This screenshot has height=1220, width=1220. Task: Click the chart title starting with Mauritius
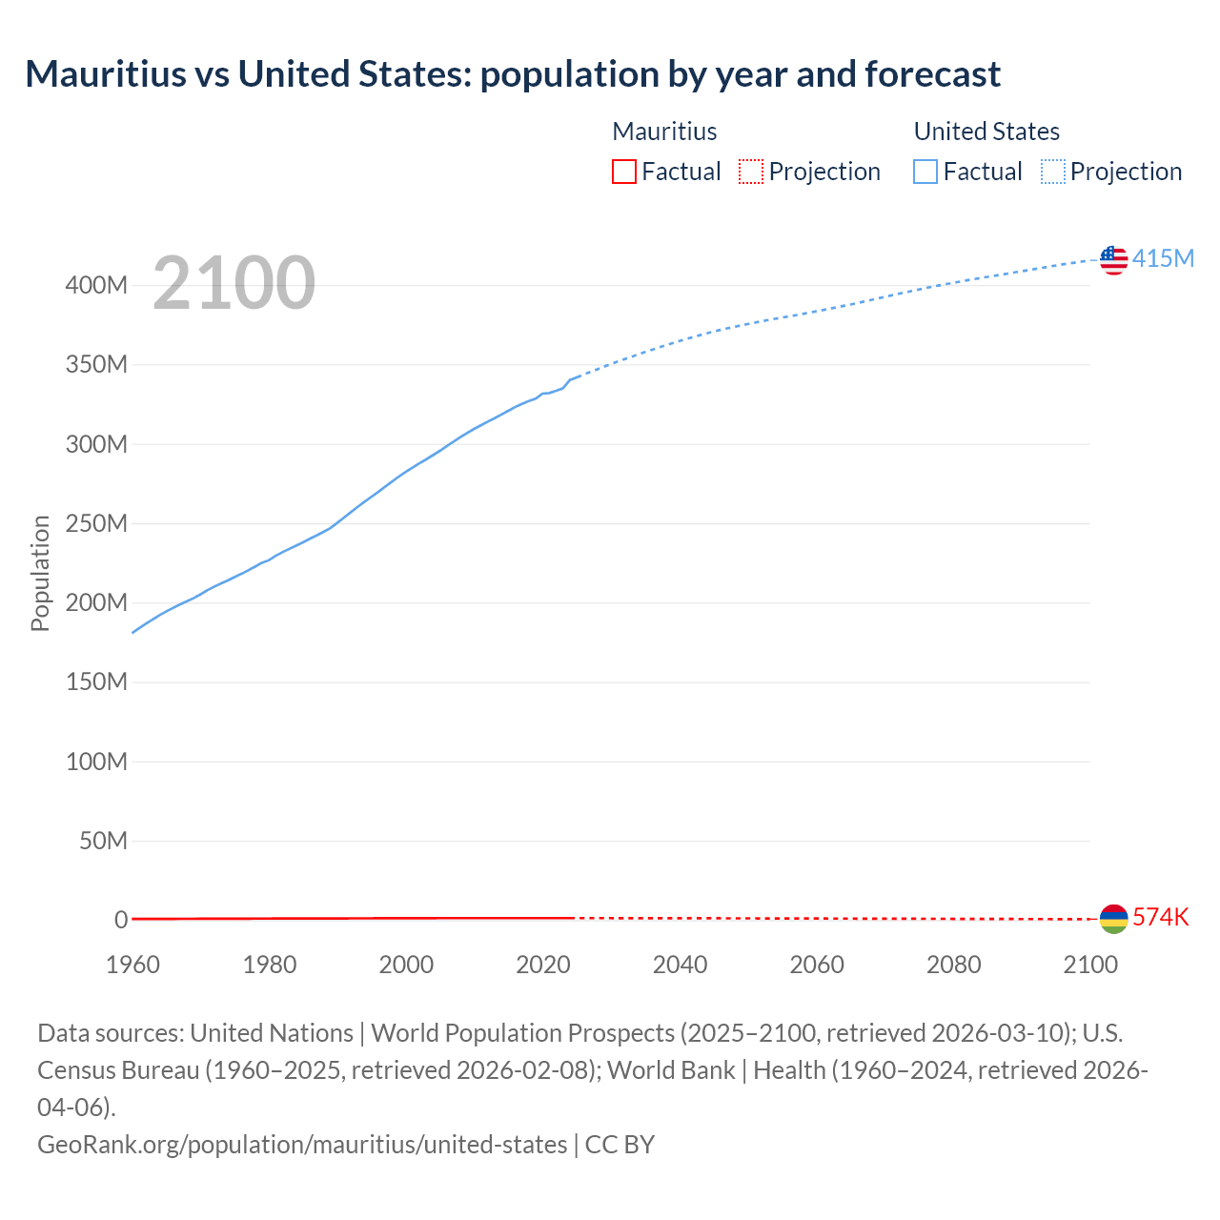point(513,74)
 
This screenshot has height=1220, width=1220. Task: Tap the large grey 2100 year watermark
point(234,283)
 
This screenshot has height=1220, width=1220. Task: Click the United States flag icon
point(1113,259)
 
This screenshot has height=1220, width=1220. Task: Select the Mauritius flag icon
point(1113,919)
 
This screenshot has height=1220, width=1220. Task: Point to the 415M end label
point(1163,259)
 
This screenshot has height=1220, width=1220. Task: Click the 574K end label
point(1161,918)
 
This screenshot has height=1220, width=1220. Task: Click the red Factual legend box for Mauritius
point(624,172)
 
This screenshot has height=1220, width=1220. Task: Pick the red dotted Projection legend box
point(751,172)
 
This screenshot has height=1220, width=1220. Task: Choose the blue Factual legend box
point(925,172)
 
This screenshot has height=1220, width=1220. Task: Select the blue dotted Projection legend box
point(1052,172)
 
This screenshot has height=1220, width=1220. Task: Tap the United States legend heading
point(986,132)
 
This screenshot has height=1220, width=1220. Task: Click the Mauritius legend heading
point(664,132)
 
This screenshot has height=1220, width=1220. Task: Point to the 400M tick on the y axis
point(96,286)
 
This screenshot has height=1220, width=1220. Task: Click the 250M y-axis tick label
point(96,524)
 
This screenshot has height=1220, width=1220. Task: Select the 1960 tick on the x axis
point(132,965)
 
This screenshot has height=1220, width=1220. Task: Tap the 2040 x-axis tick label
point(680,965)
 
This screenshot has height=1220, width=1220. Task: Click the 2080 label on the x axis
point(953,965)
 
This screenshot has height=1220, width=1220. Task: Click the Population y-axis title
point(40,573)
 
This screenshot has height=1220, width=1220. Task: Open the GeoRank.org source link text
point(302,1145)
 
